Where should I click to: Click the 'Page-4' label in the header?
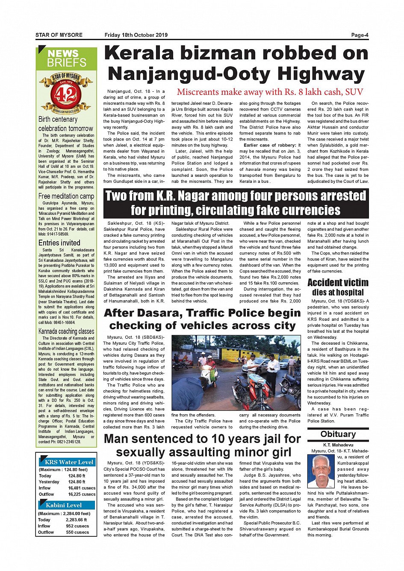359,35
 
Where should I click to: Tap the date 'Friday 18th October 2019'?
136,35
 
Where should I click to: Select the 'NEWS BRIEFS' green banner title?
66,59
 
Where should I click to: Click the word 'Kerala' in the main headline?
139,53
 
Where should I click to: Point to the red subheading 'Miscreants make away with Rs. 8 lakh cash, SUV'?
270,92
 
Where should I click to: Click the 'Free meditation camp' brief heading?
66,196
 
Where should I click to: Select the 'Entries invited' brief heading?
59,243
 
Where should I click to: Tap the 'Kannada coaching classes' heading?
66,331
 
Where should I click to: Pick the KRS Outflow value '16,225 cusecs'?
82,494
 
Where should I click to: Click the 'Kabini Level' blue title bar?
64,505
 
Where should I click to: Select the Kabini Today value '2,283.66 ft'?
77,520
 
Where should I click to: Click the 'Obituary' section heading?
338,434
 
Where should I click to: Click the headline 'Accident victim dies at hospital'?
338,287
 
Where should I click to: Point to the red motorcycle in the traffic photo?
248,391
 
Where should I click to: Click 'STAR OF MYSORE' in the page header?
59,35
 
